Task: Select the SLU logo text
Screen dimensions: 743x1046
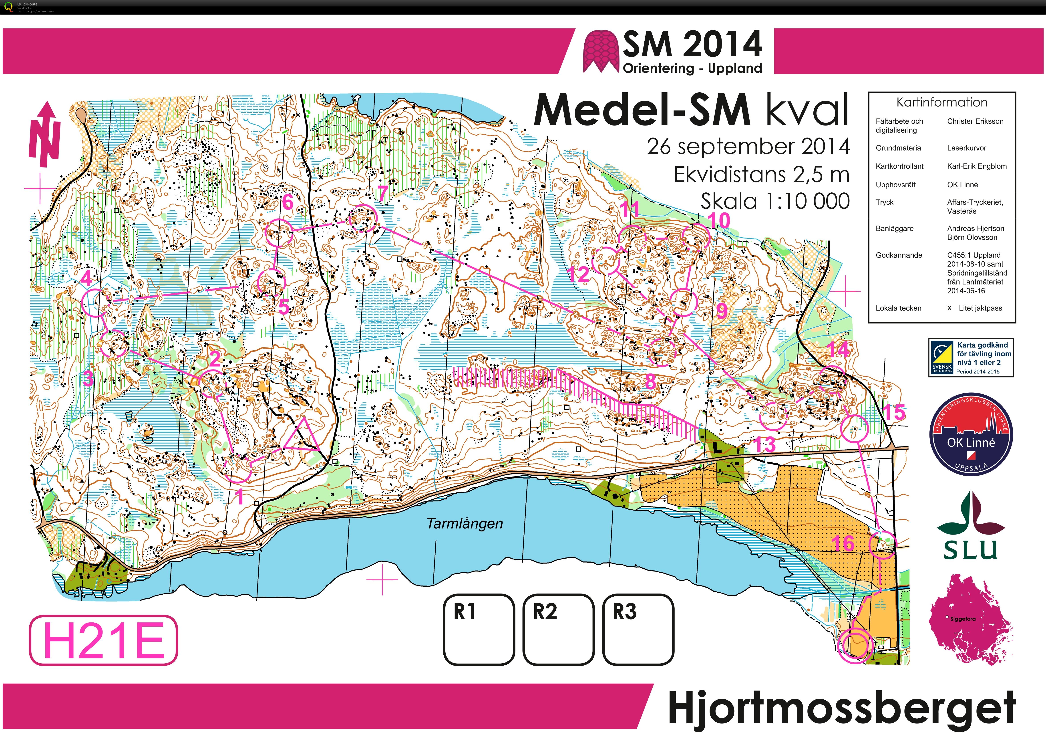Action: pyautogui.click(x=971, y=549)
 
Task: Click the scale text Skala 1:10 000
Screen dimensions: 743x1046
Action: pyautogui.click(x=775, y=201)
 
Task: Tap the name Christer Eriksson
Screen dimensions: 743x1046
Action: pyautogui.click(x=975, y=121)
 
